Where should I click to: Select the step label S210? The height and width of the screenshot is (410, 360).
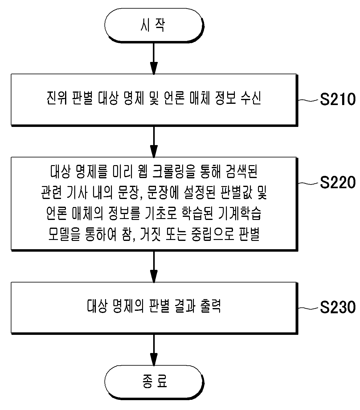337,99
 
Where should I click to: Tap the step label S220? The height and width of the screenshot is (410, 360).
337,182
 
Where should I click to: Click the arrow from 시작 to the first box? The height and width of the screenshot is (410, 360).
154,59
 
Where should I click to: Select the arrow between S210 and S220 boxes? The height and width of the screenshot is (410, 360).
154,142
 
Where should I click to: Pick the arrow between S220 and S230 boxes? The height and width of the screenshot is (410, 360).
154,267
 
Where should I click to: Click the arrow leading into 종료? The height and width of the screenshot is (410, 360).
154,350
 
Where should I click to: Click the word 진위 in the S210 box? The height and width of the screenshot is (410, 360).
56,98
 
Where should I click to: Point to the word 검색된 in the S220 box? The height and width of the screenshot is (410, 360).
242,172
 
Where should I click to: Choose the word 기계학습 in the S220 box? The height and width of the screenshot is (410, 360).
239,213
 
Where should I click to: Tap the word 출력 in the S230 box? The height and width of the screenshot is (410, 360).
211,306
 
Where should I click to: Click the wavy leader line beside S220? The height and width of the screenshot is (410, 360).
309,184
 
